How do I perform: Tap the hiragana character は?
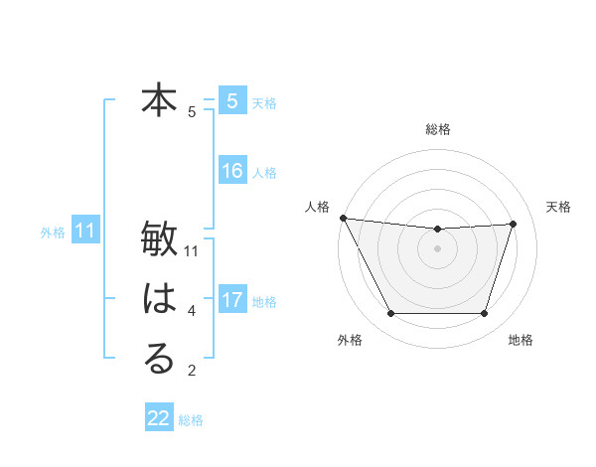pos(159,299)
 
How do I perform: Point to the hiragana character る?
pos(159,359)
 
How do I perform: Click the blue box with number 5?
pos(232,100)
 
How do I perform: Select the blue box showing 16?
pos(232,171)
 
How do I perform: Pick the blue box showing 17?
pos(232,299)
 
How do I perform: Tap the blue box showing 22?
pos(159,418)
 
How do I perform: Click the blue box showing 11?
pos(84,232)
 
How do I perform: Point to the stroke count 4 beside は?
pos(192,312)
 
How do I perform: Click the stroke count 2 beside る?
pos(192,372)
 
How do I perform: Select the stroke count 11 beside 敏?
pos(192,251)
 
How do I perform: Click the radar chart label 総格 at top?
pos(437,129)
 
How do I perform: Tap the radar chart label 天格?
pos(559,207)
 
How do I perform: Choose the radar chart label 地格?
pos(521,340)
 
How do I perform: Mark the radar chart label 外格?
pos(350,340)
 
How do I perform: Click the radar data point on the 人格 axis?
pos(343,218)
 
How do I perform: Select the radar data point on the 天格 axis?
pos(514,224)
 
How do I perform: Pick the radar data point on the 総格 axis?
pos(437,230)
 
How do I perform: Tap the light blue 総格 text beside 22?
pos(191,420)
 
